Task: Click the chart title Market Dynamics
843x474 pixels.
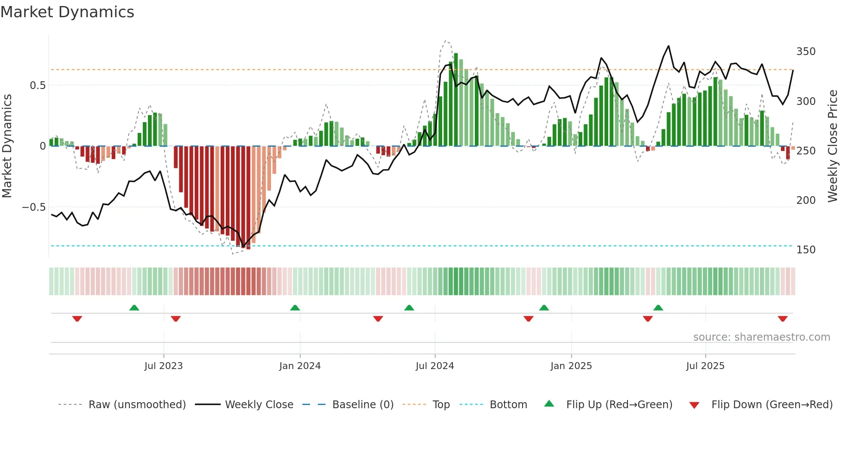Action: (68, 12)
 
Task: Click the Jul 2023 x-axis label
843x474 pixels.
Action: (163, 366)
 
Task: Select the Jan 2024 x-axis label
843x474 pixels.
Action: (300, 366)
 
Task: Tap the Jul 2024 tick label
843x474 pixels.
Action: (435, 366)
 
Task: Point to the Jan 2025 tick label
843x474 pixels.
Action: (571, 366)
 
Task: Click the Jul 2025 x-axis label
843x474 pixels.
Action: (705, 366)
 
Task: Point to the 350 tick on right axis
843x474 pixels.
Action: (806, 52)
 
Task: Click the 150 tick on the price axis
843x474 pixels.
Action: (806, 250)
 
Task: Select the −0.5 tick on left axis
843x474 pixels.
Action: (34, 207)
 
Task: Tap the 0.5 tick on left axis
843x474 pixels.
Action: (37, 86)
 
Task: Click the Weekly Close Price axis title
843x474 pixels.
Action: (833, 146)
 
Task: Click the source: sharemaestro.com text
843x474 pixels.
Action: (761, 337)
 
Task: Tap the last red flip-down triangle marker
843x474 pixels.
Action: (782, 319)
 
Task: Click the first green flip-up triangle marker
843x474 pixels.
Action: (134, 308)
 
